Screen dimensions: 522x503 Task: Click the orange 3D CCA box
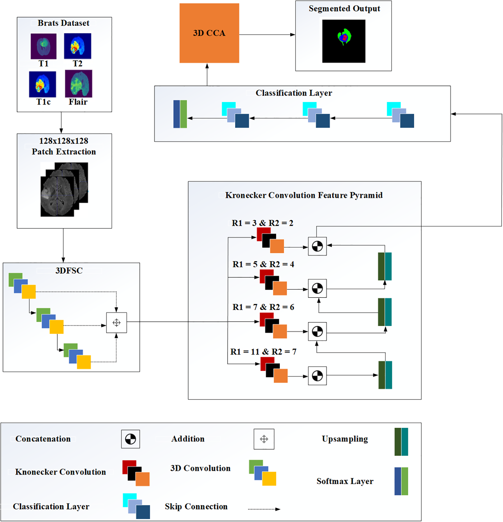209,33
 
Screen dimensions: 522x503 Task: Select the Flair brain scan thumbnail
78,84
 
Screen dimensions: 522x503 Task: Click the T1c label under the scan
43,102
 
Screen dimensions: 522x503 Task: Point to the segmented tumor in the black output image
344,37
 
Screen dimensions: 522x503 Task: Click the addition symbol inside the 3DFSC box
116,323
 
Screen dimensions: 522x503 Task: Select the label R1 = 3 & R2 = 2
262,223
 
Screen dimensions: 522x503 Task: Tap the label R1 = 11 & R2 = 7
263,351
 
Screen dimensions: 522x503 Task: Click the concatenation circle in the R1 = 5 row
317,288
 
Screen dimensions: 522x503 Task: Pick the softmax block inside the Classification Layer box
180,114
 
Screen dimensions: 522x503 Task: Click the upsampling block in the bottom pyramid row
385,375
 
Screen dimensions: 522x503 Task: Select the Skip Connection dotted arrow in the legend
264,509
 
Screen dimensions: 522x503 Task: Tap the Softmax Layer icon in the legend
401,481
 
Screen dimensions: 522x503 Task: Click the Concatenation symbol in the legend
130,439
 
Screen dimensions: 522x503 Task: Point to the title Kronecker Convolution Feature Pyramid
304,195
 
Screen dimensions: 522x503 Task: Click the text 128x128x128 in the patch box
64,141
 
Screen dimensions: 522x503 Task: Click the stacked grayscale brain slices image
64,189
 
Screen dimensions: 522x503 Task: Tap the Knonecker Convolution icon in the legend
136,473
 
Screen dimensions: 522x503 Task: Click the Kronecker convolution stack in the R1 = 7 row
273,326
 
